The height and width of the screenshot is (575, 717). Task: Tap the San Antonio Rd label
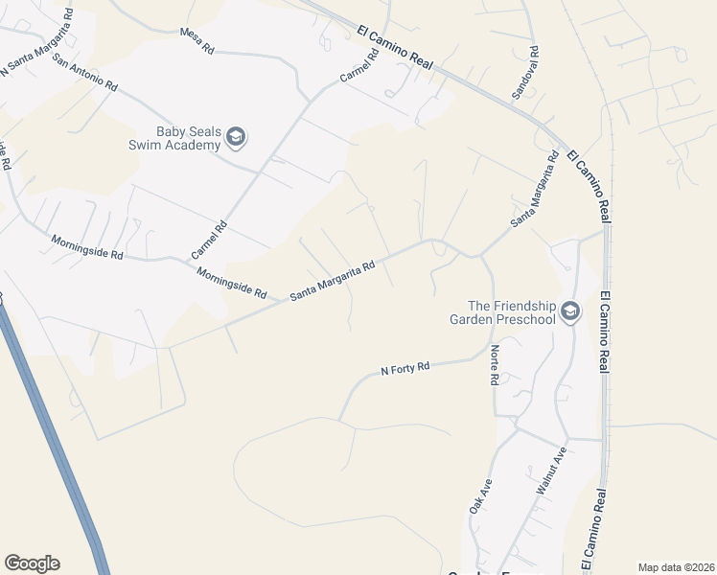click(85, 72)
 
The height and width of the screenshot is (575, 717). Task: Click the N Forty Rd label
click(405, 367)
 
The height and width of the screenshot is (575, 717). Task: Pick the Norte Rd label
click(495, 365)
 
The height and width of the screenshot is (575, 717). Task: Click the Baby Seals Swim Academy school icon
click(236, 138)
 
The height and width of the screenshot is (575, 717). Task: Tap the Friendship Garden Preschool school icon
click(571, 310)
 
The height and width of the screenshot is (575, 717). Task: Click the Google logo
click(32, 563)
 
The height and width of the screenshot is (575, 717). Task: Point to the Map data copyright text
click(676, 567)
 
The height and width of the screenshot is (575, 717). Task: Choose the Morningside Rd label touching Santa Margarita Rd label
click(231, 285)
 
